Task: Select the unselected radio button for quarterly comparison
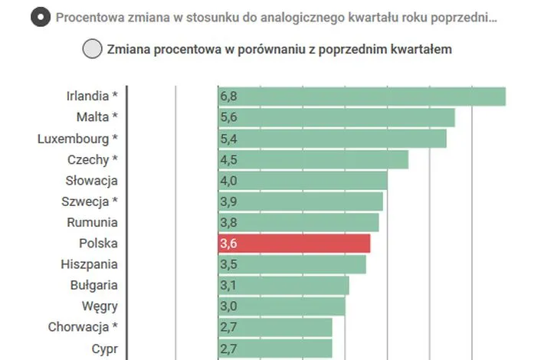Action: click(x=92, y=49)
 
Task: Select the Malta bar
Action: click(x=336, y=117)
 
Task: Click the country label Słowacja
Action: click(x=92, y=181)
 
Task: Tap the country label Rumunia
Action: click(x=92, y=222)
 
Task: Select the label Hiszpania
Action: click(x=90, y=264)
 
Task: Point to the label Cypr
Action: click(x=104, y=349)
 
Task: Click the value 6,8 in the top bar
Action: click(x=228, y=97)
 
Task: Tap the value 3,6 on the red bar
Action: click(x=228, y=244)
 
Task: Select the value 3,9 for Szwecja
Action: click(x=228, y=201)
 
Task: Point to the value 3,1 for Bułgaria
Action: click(x=228, y=285)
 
